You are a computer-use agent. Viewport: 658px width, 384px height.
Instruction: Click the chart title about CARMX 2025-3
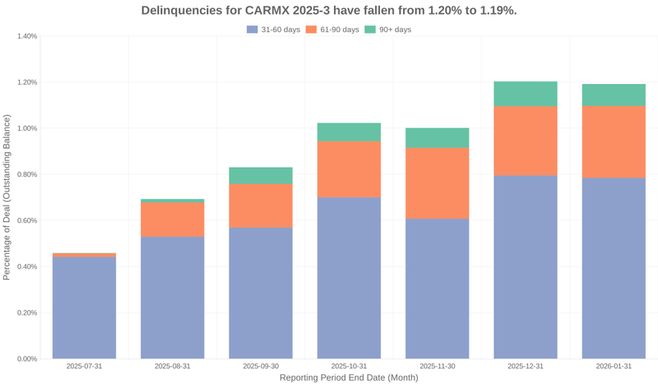tap(329, 11)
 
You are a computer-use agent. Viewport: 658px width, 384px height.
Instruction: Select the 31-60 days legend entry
tap(273, 30)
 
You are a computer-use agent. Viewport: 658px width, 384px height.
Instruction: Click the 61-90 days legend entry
tap(332, 30)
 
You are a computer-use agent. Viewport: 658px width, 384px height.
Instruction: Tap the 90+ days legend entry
tap(387, 30)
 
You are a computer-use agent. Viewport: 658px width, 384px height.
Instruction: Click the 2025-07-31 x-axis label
tap(84, 366)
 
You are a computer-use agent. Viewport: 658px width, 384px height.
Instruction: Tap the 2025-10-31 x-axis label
tap(349, 366)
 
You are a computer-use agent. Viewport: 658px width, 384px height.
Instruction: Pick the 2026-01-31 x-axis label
tap(614, 366)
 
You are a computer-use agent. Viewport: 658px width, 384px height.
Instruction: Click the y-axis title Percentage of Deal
tap(7, 197)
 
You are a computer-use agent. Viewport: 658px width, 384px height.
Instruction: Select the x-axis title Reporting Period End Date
tap(349, 377)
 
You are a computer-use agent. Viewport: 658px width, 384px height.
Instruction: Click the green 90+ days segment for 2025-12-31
tap(526, 94)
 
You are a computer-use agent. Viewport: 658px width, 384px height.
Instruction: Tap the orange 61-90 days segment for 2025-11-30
tap(437, 183)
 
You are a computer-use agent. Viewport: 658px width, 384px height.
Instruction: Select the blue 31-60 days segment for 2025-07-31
tap(84, 308)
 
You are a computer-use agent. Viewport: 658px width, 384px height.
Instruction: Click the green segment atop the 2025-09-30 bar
tap(261, 175)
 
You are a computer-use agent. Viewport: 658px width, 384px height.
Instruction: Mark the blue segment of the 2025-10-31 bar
tap(349, 278)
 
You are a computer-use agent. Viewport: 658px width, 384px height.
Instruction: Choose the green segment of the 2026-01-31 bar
tap(614, 95)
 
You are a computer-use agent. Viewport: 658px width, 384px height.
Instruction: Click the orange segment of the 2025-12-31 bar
tap(526, 141)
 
